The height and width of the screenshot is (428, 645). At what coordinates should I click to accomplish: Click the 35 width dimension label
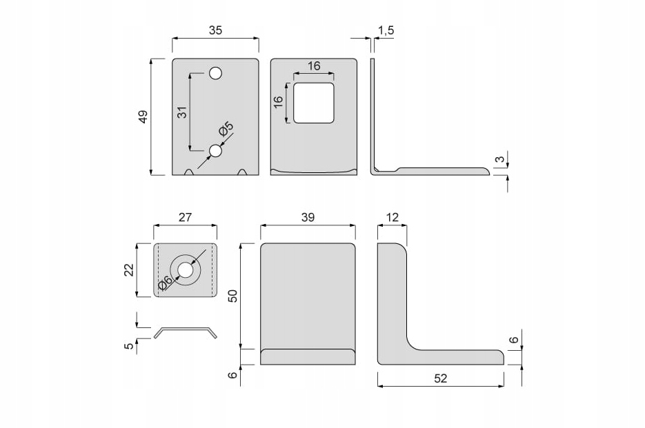click(215, 30)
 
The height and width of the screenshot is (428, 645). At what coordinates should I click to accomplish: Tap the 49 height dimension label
click(143, 116)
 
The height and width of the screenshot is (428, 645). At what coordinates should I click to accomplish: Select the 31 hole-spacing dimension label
click(182, 112)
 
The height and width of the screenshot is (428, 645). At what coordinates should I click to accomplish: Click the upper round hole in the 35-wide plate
click(215, 73)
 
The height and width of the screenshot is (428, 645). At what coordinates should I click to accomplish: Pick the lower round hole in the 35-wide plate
click(215, 150)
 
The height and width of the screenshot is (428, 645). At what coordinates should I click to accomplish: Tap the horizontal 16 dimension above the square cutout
click(314, 66)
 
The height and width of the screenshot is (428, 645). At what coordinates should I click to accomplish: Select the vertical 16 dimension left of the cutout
click(278, 101)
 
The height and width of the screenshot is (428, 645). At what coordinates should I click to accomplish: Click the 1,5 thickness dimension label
click(386, 30)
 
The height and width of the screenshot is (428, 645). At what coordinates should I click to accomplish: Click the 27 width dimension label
click(185, 216)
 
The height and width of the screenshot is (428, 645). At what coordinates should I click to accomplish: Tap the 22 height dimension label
click(128, 269)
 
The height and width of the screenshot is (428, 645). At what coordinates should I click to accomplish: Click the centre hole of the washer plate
click(186, 269)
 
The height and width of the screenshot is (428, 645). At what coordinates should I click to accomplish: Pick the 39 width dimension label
click(308, 216)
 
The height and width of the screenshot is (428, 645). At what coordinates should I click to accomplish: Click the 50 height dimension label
click(233, 296)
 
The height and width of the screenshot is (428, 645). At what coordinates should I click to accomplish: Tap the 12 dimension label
click(392, 216)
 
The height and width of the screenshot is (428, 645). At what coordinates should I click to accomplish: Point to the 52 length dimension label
click(441, 378)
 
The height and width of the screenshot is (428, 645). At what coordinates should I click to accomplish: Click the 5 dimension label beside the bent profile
click(128, 345)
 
